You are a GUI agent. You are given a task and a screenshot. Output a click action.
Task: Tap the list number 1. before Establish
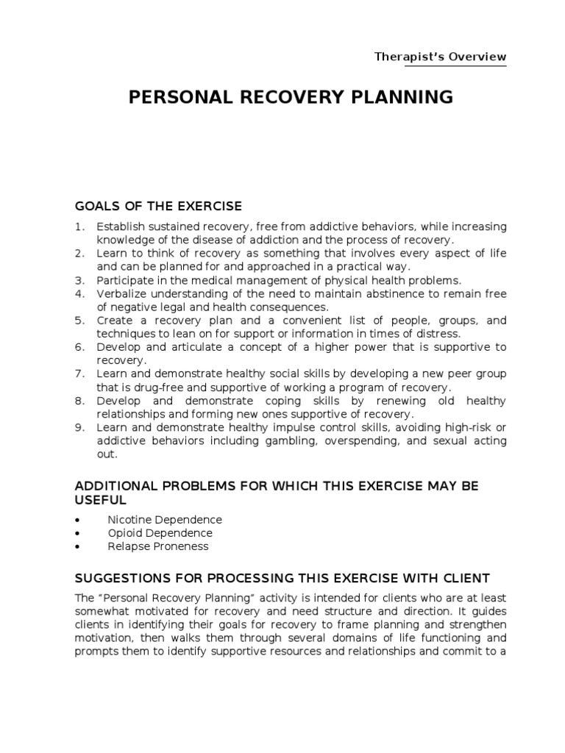pos(80,226)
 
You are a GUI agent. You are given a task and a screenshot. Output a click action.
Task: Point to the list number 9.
pos(80,428)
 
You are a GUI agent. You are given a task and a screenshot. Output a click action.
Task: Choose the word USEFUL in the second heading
pos(101,500)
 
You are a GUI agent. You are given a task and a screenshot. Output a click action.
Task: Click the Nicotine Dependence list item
pos(164,520)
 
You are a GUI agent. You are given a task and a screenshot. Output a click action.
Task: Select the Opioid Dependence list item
pos(160,533)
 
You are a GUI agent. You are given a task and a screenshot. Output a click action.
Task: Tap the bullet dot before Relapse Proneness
pos(78,546)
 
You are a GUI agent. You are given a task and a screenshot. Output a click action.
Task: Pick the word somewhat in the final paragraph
pos(102,610)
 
